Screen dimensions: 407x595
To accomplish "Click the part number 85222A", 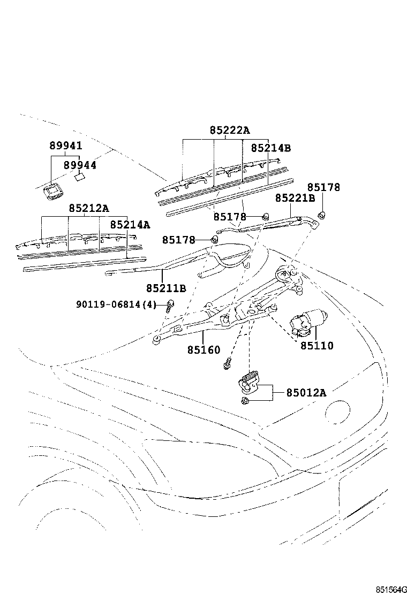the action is click(230, 131).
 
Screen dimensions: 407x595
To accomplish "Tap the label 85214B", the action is click(270, 148).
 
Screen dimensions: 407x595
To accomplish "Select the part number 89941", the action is click(66, 146).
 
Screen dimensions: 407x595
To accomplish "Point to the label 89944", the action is click(80, 165).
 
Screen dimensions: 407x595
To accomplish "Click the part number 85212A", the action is click(89, 208).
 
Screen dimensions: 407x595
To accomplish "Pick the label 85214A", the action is click(130, 225).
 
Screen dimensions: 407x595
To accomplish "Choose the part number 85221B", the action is click(295, 197).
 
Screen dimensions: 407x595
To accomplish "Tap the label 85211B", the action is click(166, 288).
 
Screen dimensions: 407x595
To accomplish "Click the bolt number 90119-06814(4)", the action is click(116, 304).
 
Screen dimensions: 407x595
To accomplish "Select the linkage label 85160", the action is click(204, 349).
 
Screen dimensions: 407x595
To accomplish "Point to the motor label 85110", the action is click(316, 346).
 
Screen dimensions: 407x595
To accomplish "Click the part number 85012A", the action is click(306, 392).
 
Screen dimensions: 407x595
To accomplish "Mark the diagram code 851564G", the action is click(391, 589).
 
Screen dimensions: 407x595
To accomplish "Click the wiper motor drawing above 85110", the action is click(308, 322).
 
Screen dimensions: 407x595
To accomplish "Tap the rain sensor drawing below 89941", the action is click(52, 191).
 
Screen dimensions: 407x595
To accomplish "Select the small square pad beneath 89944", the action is click(80, 177).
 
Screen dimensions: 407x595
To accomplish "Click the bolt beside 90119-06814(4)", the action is click(170, 305).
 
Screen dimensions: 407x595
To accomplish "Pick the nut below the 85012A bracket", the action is click(245, 401).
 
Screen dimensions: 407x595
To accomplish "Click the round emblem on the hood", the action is click(337, 414).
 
